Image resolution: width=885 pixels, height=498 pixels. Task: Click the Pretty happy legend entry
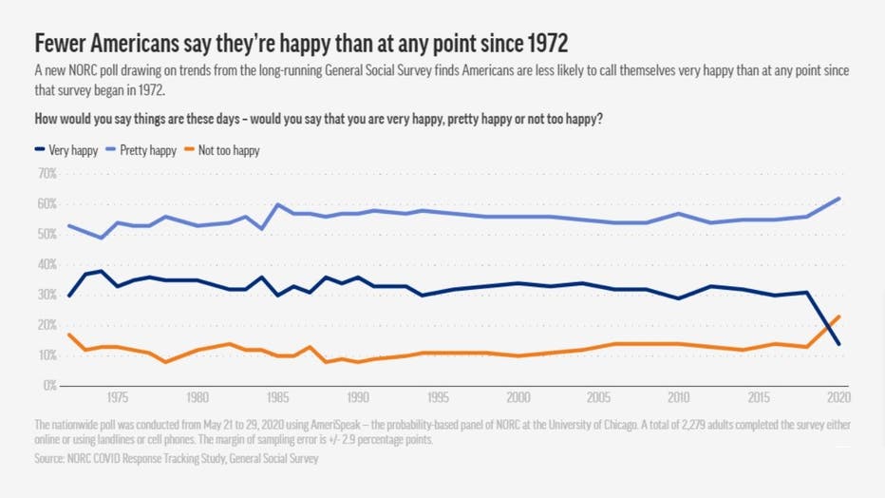click(147, 150)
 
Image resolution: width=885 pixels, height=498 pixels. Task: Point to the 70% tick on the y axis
click(46, 174)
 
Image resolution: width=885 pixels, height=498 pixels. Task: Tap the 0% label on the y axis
click(48, 386)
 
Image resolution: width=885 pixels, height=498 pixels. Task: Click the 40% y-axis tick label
click(46, 264)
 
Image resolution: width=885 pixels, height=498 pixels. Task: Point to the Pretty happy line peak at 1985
click(277, 204)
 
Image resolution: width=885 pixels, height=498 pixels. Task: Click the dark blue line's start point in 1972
click(68, 296)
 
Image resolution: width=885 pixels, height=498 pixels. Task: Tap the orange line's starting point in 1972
click(68, 335)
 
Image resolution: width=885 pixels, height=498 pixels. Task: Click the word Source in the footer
click(52, 459)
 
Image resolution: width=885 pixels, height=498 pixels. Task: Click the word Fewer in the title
click(62, 44)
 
